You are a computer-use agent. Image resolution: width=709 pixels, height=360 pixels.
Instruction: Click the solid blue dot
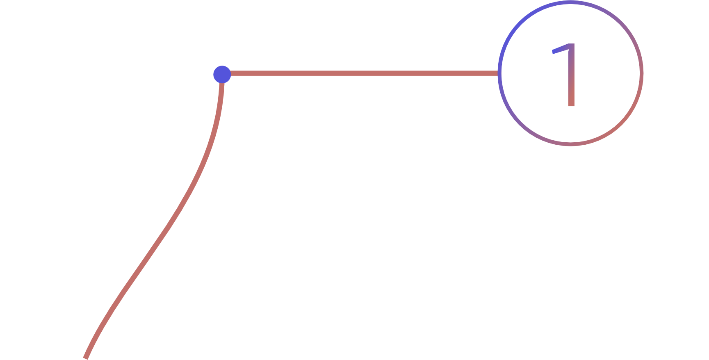(x=222, y=74)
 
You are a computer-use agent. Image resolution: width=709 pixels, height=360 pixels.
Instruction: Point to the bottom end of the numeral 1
(x=571, y=106)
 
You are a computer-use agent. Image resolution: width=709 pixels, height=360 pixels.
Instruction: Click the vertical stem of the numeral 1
(x=571, y=78)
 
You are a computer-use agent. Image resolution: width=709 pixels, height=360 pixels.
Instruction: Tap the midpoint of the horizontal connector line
(x=364, y=73)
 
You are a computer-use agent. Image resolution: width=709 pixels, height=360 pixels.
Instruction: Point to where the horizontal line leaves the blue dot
(x=231, y=73)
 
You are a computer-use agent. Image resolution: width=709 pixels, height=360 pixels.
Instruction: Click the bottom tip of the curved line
(x=85, y=358)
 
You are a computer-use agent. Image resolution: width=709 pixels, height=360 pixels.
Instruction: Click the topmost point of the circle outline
(x=570, y=2)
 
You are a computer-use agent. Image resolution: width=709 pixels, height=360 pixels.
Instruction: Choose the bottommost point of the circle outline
(x=570, y=144)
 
